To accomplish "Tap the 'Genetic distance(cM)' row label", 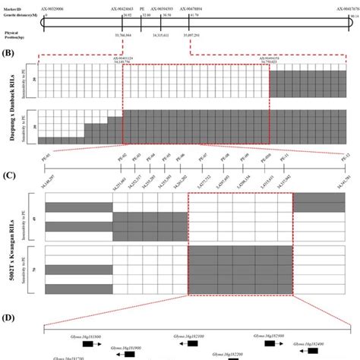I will pos(18,14).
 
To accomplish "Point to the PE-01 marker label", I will pos(46,155).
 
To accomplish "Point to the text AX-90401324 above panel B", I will pos(125,58).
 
